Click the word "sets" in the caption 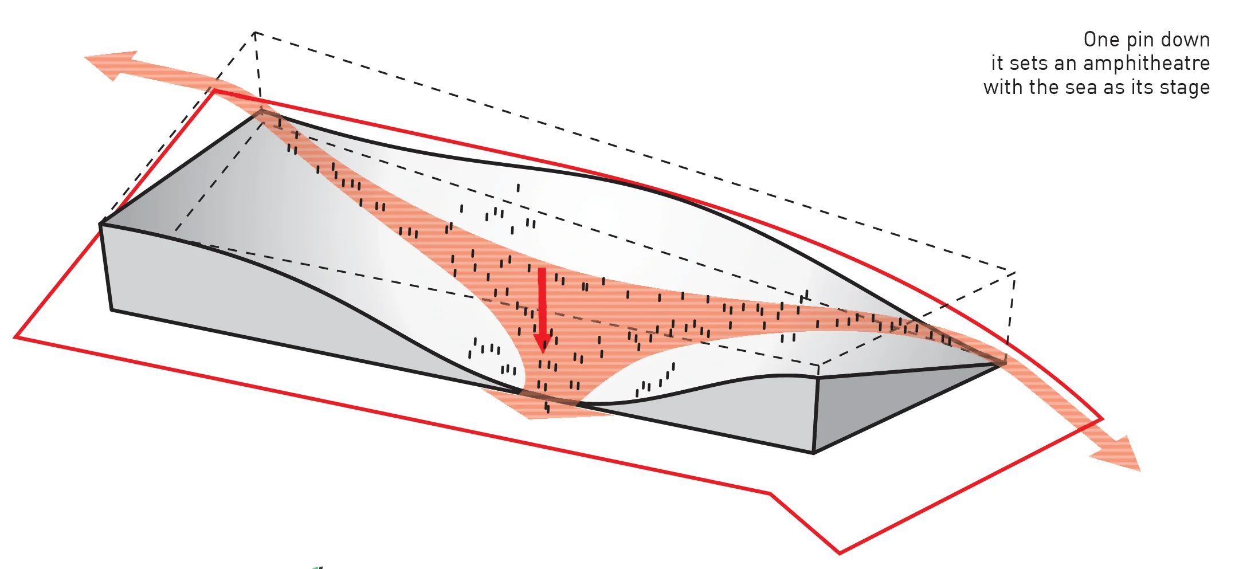coord(1026,64)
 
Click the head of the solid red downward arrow coord(542,342)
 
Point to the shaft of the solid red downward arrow coord(542,301)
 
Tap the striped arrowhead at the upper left coord(112,64)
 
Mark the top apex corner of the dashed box coord(255,33)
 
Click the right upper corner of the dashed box coord(1015,272)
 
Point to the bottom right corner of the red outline coord(840,554)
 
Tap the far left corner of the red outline coord(15,337)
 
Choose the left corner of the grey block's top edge coord(101,223)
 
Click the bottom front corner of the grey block coord(814,453)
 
